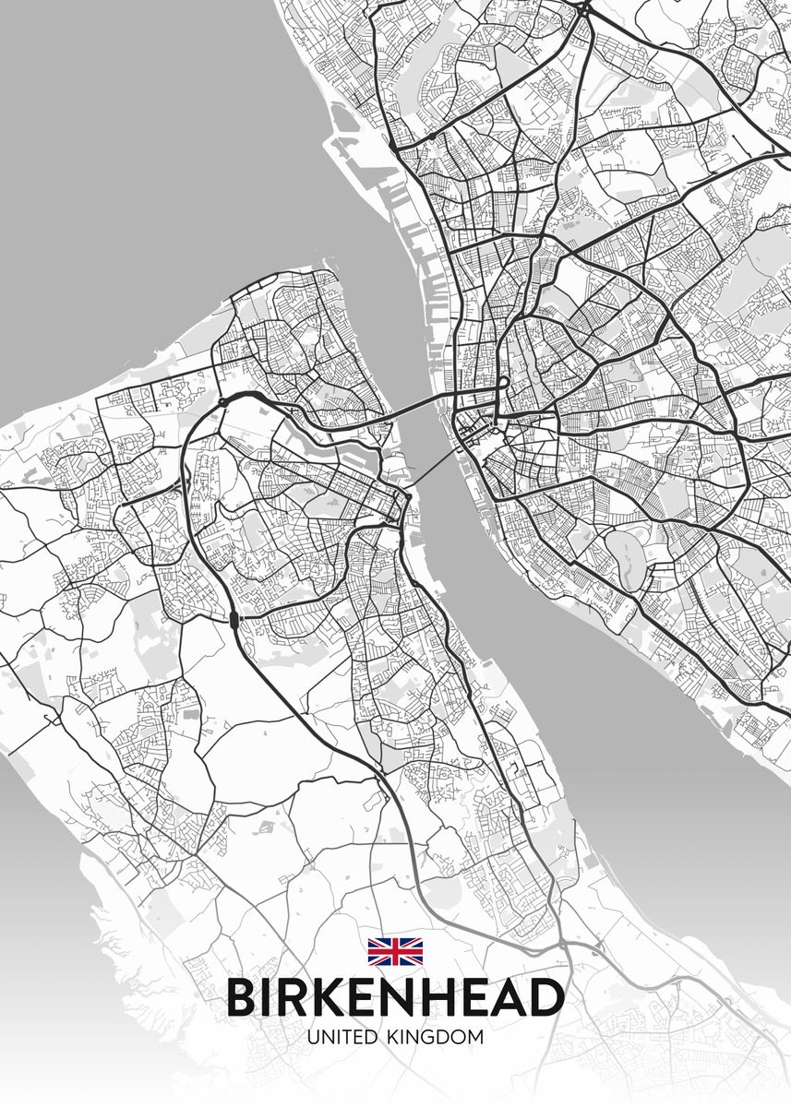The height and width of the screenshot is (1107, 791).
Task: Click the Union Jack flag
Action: tap(395, 950)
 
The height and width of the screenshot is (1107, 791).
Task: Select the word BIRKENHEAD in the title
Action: tap(395, 997)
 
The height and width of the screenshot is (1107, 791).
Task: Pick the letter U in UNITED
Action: tap(315, 1037)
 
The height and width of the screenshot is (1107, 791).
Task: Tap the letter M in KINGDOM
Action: tap(474, 1037)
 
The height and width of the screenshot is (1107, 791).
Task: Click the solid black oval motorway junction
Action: tap(234, 618)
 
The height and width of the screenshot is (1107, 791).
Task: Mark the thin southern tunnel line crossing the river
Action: tap(434, 468)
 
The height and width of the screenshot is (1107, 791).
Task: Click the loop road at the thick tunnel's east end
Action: tap(505, 382)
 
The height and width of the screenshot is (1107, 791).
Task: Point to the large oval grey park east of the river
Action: tap(630, 562)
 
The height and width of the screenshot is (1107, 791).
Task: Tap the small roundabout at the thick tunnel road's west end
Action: tap(223, 402)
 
